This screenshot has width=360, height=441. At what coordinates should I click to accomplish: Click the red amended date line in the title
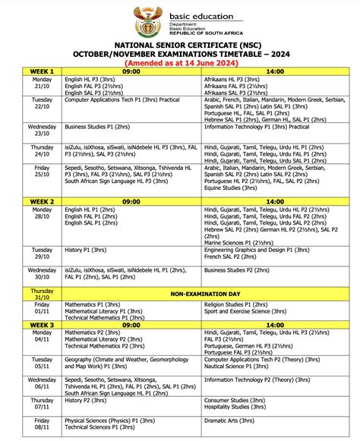point(180,65)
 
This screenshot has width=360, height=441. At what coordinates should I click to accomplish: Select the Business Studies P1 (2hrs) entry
point(101,127)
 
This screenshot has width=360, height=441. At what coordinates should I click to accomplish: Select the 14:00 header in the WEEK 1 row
point(273,71)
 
